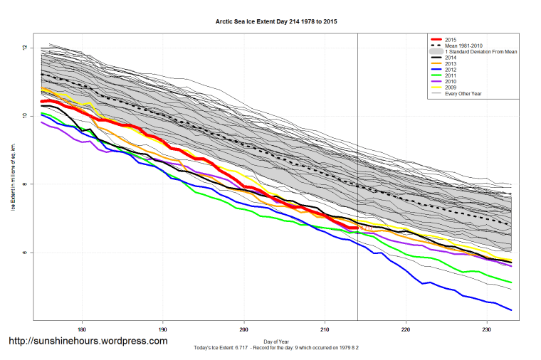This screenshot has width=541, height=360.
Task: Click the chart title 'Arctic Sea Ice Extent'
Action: coord(276,21)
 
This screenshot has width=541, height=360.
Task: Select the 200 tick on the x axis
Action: coord(244,329)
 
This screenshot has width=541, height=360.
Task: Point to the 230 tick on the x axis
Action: coord(487,329)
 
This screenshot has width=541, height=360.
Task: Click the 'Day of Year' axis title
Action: coord(276,341)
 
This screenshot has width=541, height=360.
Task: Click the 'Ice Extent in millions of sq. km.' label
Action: coord(13,178)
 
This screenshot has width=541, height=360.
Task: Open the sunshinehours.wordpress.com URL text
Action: coord(88,341)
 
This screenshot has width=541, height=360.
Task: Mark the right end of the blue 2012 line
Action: coord(512,309)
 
